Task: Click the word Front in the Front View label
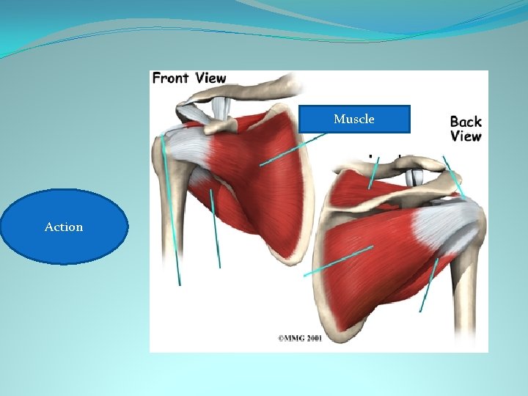click(x=170, y=78)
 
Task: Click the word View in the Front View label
click(x=210, y=78)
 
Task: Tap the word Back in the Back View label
click(x=466, y=122)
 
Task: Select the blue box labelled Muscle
click(x=354, y=119)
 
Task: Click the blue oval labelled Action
click(x=65, y=227)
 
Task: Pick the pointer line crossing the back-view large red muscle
click(x=337, y=260)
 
